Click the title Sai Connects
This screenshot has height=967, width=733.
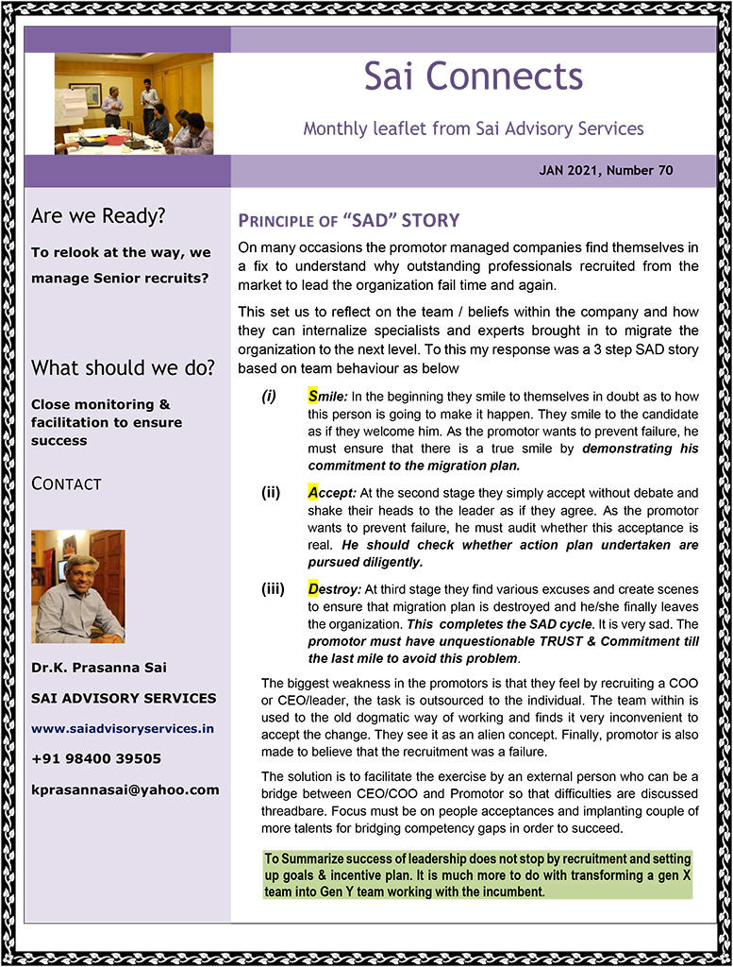click(x=474, y=77)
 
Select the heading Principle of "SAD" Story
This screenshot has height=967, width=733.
click(x=348, y=222)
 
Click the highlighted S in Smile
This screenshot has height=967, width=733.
click(x=312, y=397)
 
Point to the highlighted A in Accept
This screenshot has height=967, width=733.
click(x=313, y=492)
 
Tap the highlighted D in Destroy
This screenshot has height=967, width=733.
click(x=313, y=589)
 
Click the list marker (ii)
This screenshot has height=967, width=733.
click(x=272, y=492)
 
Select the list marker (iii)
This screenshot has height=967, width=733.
click(x=273, y=589)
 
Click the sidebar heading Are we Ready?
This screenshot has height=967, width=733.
click(x=98, y=216)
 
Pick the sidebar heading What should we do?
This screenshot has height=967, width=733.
click(x=123, y=367)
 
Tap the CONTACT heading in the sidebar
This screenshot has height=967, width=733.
click(x=66, y=483)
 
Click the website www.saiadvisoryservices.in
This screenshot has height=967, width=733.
click(x=123, y=728)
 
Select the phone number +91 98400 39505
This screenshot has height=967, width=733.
click(x=96, y=758)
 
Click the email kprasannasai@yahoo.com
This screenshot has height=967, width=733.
click(x=125, y=789)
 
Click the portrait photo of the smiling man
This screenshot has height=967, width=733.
click(x=77, y=585)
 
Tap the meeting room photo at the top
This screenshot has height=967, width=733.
click(x=133, y=103)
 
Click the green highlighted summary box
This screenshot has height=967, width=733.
click(x=477, y=874)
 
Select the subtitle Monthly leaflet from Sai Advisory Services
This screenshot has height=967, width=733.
click(x=474, y=128)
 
